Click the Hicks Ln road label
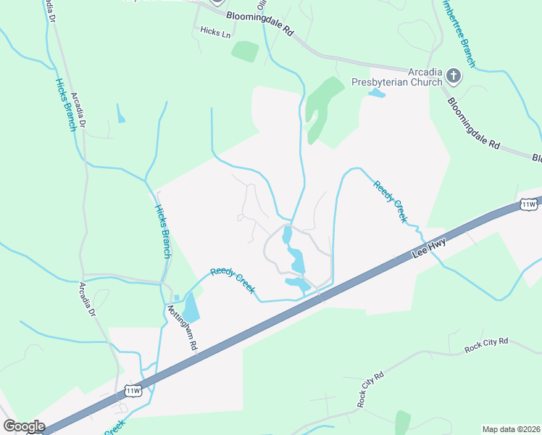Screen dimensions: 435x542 214,32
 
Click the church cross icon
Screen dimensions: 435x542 454,75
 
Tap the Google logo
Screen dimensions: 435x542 24,426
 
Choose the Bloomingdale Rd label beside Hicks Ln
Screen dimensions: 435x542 259,23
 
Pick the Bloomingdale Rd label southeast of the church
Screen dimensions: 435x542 474,123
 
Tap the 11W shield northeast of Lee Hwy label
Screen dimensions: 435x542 528,205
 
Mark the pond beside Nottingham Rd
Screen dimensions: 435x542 191,309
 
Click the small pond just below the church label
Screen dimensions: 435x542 376,94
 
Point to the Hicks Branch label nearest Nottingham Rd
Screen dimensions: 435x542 163,231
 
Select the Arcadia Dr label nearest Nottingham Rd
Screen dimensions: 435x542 88,299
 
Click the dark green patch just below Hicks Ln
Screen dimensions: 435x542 245,51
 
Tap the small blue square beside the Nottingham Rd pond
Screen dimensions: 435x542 175,298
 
